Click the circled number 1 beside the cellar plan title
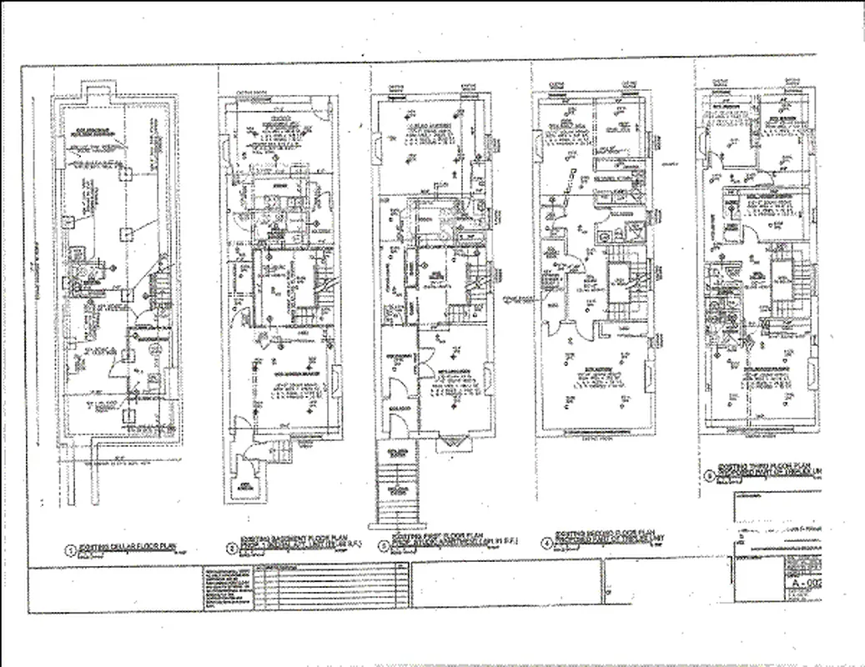click(x=72, y=550)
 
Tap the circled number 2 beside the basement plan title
click(x=231, y=549)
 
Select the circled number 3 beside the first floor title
click(x=383, y=548)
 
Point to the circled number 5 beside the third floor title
click(x=709, y=477)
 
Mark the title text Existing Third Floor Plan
click(x=755, y=469)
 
